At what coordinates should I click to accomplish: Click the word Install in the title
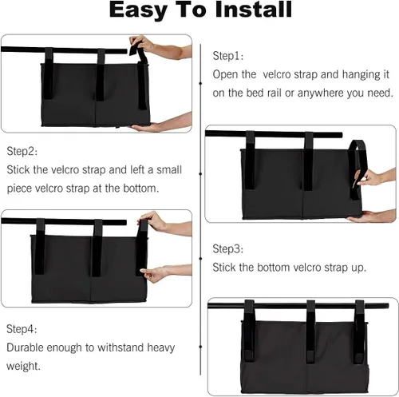[254, 10]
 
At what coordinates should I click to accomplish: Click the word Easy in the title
[138, 10]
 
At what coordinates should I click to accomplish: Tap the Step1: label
[228, 56]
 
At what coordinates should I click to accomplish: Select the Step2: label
[22, 152]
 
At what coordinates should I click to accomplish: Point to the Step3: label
[228, 248]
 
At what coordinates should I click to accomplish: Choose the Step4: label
[22, 329]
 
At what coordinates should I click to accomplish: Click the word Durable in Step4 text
[25, 347]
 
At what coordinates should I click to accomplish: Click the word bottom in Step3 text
[273, 268]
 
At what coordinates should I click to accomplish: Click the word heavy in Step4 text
[161, 348]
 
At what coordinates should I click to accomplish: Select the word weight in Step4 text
[23, 367]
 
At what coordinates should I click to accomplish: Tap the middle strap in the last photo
[310, 332]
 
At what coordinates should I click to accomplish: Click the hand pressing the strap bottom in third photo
[166, 273]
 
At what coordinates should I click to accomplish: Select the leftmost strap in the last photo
[249, 331]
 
